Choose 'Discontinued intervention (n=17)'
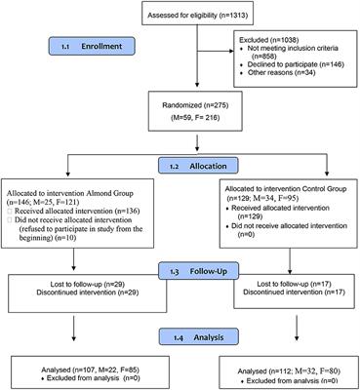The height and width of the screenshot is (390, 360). pos(280,292)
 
